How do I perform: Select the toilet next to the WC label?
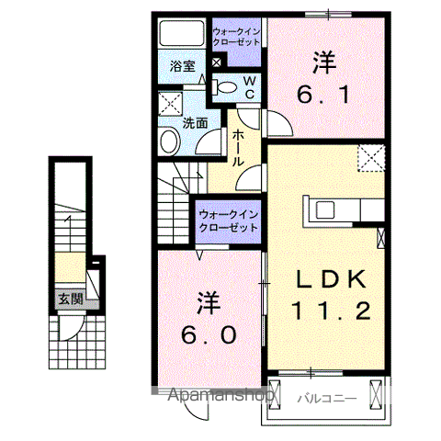click(226, 87)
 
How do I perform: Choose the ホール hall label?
click(237, 147)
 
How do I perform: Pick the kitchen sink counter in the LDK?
click(328, 209)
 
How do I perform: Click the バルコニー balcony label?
click(322, 398)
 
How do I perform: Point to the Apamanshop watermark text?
click(216, 397)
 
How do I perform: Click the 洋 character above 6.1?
click(323, 62)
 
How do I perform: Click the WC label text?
click(248, 86)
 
